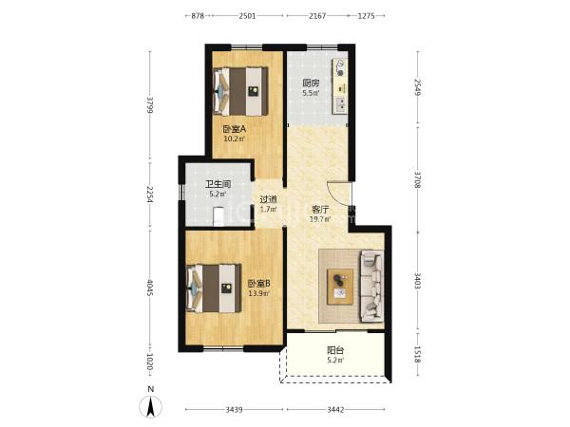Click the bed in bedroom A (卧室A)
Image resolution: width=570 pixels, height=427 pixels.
coord(240,91)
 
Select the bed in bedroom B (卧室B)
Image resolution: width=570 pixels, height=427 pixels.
coord(214,288)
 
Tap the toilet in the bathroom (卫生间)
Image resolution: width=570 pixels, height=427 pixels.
coord(218,216)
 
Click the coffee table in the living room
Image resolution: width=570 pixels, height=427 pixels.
coord(340,287)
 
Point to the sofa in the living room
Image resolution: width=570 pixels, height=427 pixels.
coord(371,286)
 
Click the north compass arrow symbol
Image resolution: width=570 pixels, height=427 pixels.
coord(151,406)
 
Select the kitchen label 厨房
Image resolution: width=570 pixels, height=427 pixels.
coord(311,84)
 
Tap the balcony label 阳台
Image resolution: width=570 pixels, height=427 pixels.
coord(335,350)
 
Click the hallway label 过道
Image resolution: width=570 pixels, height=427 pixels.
coord(268,199)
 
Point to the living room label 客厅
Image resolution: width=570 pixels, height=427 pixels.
coord(320,209)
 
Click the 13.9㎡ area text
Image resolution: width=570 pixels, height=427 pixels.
coord(258,293)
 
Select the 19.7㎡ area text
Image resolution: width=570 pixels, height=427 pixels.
coord(320,219)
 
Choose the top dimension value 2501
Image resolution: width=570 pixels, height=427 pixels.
coord(247,16)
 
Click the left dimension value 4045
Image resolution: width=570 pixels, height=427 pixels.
coord(149,288)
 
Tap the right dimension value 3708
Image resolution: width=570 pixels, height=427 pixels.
coord(417,179)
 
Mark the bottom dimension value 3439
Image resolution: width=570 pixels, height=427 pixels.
coord(234,410)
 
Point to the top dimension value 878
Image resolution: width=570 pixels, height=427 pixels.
coord(198,16)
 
